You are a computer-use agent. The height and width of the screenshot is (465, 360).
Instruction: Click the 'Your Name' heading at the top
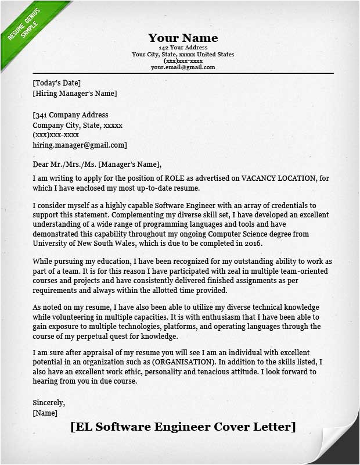183,38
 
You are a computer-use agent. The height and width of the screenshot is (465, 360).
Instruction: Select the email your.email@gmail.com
183,67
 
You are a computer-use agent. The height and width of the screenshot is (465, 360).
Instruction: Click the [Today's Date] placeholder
57,83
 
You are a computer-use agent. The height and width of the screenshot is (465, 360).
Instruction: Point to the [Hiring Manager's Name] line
75,93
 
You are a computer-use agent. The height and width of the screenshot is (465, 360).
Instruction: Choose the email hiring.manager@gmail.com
80,145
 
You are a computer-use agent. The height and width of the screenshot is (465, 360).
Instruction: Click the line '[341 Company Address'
71,115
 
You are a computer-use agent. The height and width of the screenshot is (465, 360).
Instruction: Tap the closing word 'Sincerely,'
49,402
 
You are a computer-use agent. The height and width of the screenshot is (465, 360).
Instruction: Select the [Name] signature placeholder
45,413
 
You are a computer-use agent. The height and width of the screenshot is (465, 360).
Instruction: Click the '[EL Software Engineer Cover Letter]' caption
183,427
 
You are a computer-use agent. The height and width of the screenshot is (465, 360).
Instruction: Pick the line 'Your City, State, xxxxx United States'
183,55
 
